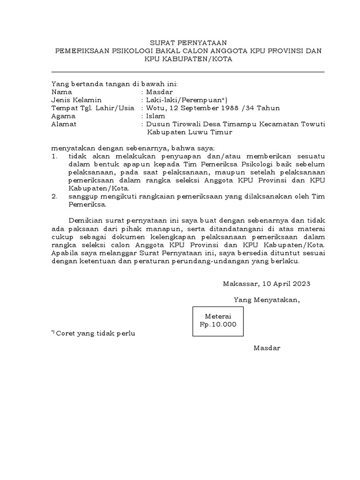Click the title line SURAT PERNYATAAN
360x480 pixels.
tap(187, 42)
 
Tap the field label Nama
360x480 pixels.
tap(61, 92)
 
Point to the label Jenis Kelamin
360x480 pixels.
tap(76, 100)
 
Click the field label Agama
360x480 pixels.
tap(63, 116)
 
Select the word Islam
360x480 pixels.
tap(156, 116)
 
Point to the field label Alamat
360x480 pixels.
tap(64, 124)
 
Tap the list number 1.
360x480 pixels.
tap(54, 156)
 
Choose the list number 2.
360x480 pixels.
tap(54, 196)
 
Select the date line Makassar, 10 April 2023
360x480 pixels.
tap(266, 284)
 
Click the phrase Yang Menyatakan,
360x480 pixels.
tap(267, 300)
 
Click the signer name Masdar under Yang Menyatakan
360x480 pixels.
tap(267, 348)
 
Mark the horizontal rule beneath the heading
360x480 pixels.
tap(187, 72)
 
